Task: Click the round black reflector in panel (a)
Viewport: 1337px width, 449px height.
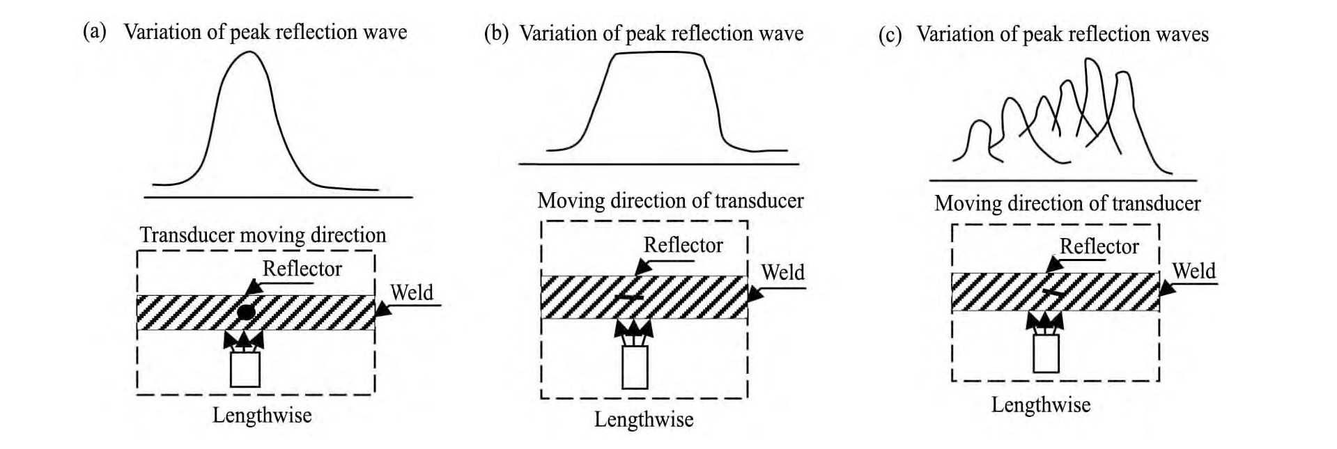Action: [245, 311]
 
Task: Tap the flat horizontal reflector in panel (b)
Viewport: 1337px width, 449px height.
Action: [630, 298]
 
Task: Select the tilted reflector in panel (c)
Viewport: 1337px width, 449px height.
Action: [1054, 293]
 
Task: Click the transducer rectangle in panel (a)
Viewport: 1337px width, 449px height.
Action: [245, 369]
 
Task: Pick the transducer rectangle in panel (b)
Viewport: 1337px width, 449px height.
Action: [635, 366]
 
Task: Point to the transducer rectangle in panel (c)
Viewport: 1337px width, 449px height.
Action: [1046, 354]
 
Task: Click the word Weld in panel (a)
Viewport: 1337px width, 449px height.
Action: [412, 292]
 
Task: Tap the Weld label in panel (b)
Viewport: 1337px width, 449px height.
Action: [782, 272]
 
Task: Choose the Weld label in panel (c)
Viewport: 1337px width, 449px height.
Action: [1193, 271]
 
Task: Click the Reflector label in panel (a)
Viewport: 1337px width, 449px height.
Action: [302, 269]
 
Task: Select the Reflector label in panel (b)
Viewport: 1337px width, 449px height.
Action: [683, 245]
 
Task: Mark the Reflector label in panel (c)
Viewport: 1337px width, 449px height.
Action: [1099, 246]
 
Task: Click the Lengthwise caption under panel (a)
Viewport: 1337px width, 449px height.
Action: [262, 416]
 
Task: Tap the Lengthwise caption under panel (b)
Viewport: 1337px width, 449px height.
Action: [644, 420]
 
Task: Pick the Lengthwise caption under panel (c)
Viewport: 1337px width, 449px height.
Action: [1041, 405]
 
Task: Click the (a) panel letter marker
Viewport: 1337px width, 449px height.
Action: [95, 32]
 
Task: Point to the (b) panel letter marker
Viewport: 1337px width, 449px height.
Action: [497, 33]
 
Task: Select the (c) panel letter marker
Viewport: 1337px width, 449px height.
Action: [890, 35]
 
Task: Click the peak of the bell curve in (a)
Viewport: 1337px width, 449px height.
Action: [248, 52]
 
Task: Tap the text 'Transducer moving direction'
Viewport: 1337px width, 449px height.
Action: [263, 235]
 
